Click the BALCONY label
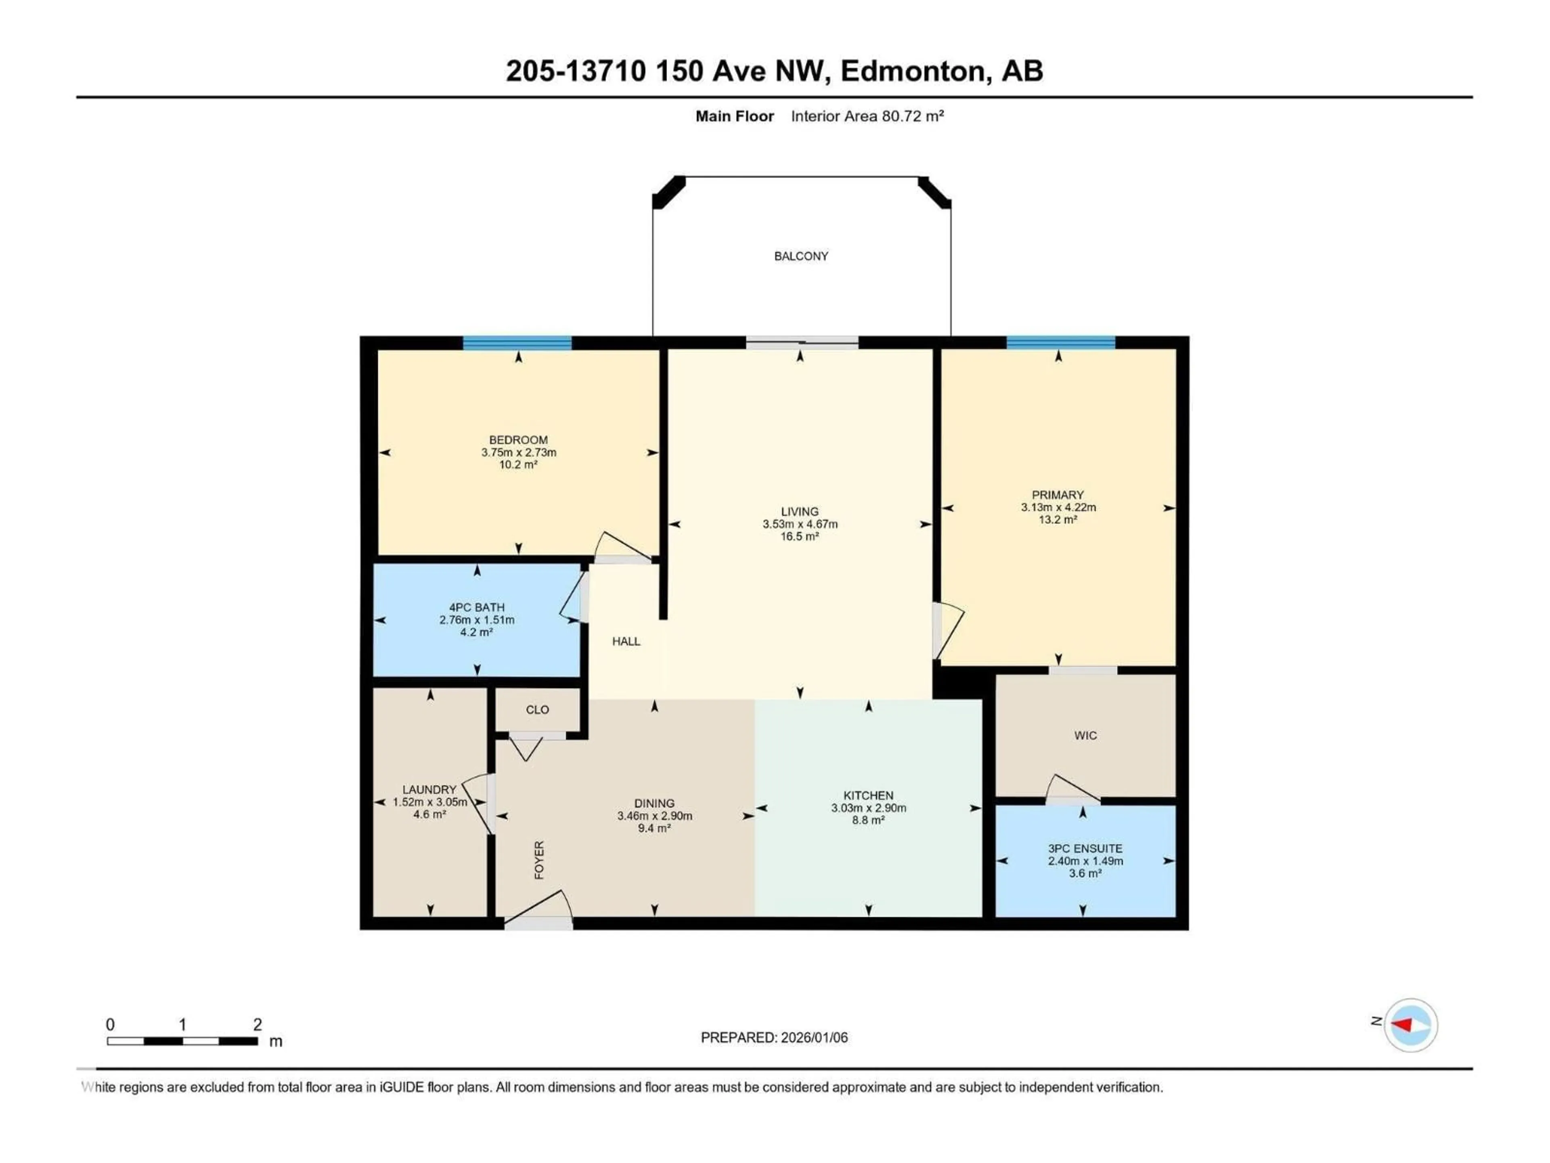[x=801, y=256]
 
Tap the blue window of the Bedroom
[x=517, y=343]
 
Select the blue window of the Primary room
[x=1060, y=343]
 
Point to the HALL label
[x=626, y=641]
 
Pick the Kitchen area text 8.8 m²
[x=868, y=820]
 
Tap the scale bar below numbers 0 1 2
[x=182, y=1041]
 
